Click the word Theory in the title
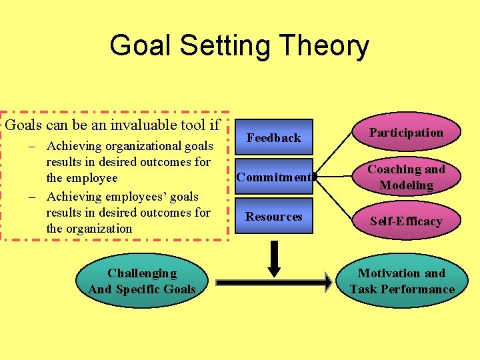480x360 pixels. point(325,47)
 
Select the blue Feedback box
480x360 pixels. point(273,137)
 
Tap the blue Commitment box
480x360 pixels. point(273,177)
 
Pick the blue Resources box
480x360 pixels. point(273,216)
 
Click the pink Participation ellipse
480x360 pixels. point(406,133)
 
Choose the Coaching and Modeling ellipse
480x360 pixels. point(406,177)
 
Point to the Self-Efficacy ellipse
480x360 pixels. point(406,221)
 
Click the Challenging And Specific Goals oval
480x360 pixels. point(142,281)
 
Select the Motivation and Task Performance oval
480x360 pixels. point(402,281)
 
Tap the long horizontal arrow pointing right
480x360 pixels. point(273,282)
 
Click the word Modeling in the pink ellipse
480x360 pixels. point(406,185)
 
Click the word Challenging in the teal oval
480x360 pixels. point(142,273)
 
